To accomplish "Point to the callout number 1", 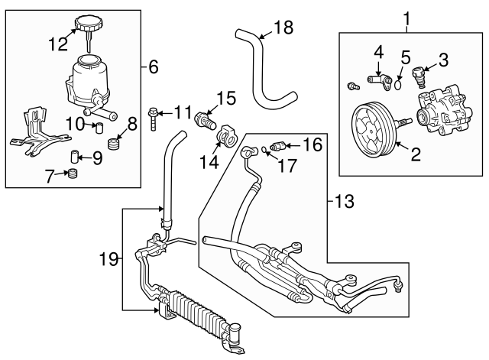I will (x=406, y=15).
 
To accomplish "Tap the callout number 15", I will (x=225, y=98).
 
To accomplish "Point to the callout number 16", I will (x=313, y=143).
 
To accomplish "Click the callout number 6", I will (x=153, y=67).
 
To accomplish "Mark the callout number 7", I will (x=51, y=177).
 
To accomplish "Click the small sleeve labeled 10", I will (x=97, y=126).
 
